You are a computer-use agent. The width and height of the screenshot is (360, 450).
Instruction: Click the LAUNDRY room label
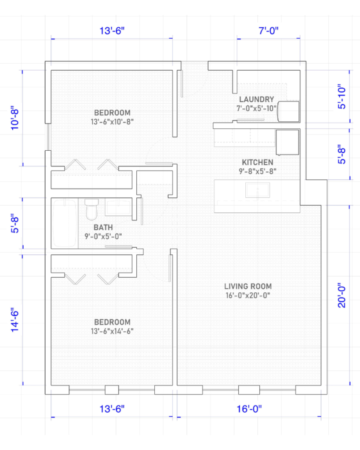[x=256, y=99]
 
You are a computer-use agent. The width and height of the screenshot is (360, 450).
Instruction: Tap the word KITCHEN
[x=258, y=162]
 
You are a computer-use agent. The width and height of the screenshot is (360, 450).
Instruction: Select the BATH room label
[x=103, y=227]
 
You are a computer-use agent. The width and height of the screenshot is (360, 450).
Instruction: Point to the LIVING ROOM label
[x=248, y=286]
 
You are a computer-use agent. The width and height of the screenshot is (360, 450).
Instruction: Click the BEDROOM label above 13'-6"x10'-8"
[x=112, y=112]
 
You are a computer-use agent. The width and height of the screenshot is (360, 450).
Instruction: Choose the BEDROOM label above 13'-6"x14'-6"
[x=112, y=322]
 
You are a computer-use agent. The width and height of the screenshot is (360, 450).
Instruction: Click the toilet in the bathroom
[x=91, y=209]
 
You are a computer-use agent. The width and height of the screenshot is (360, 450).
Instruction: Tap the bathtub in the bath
[x=65, y=223]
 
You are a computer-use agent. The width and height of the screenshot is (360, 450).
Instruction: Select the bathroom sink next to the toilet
[x=118, y=207]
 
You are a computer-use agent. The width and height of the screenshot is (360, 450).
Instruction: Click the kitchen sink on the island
[x=258, y=190]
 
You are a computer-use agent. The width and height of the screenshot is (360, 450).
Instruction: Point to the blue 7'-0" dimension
[x=269, y=30]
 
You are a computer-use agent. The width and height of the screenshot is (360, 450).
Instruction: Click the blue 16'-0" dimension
[x=249, y=409]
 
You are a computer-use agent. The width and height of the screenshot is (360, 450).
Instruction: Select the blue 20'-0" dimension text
[x=342, y=297]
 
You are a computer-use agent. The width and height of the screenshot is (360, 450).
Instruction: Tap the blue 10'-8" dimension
[x=15, y=119]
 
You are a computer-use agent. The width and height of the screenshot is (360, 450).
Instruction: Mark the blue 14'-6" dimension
[x=15, y=320]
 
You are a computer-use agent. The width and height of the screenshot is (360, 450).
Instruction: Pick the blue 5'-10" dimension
[x=342, y=96]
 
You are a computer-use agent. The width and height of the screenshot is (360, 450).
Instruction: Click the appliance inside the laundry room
[x=288, y=111]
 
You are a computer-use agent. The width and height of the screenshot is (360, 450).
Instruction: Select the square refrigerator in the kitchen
[x=287, y=142]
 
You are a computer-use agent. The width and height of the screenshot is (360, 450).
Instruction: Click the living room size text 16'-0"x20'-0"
[x=248, y=295]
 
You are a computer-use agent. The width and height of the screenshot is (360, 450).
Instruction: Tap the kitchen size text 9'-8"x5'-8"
[x=258, y=171]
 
